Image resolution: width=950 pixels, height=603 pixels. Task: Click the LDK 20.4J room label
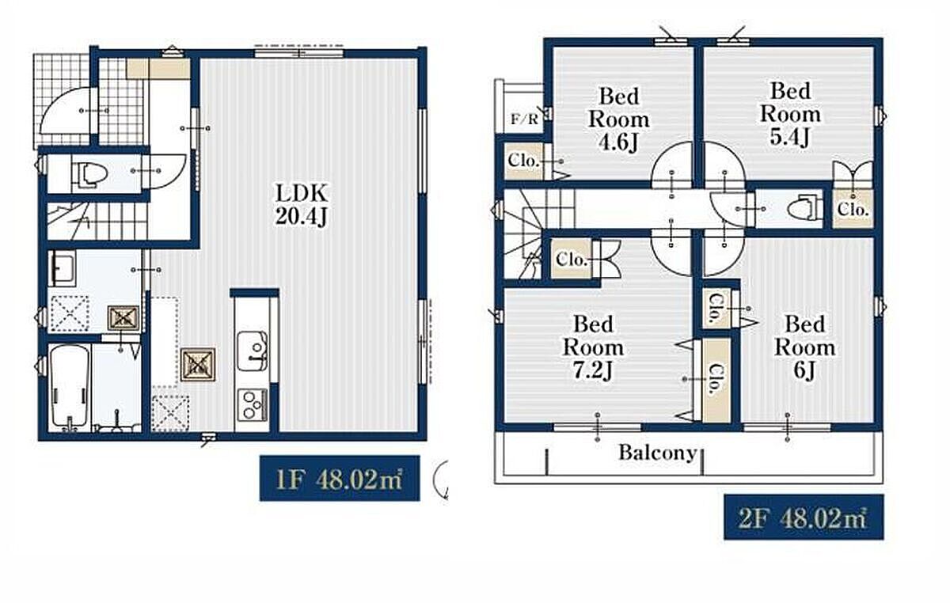(302, 204)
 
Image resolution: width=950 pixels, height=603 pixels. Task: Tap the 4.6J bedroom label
(619, 119)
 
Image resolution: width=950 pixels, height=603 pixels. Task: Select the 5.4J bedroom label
(790, 114)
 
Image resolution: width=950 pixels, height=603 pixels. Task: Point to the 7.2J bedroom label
(593, 347)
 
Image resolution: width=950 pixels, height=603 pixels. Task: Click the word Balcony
(657, 453)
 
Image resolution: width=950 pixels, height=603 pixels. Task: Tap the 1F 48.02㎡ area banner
(340, 478)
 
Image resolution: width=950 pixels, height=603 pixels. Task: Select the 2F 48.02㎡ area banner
(804, 517)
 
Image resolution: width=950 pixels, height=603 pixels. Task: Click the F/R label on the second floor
(524, 119)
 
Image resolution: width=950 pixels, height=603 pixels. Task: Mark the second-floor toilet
(801, 208)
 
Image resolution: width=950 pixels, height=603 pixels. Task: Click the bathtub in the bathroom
(70, 387)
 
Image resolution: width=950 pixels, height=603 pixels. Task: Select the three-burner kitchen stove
(252, 405)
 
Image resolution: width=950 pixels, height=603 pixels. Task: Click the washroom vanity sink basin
(63, 268)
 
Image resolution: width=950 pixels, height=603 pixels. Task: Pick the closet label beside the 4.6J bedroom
(523, 161)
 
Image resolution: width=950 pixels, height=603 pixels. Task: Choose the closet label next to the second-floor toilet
(853, 209)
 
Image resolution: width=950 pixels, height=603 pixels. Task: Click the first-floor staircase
(97, 221)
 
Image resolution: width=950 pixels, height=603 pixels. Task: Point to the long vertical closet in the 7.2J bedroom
(716, 380)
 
